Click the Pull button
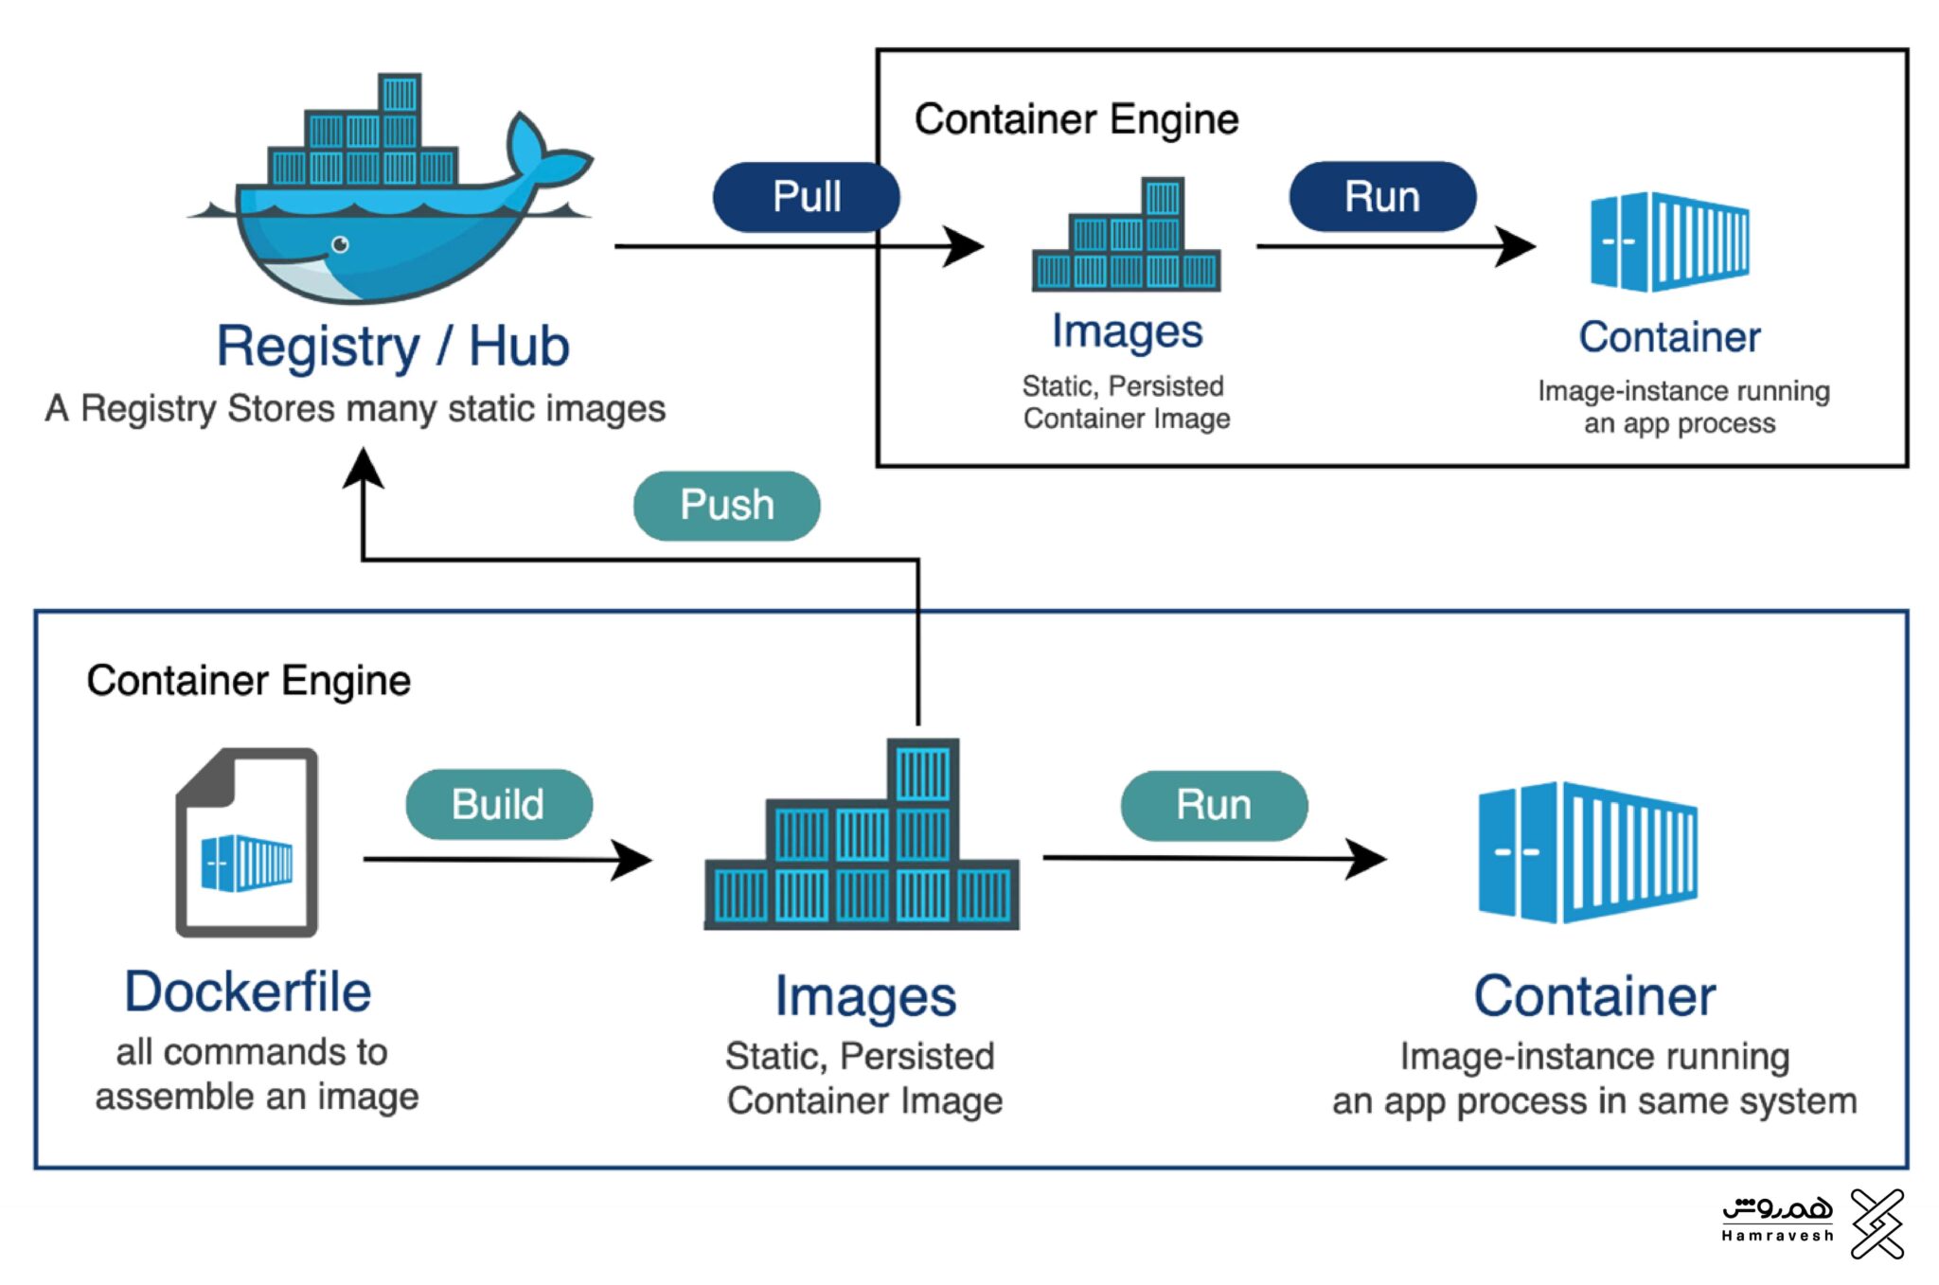[x=806, y=197]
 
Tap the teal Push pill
[x=726, y=506]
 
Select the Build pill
[x=499, y=805]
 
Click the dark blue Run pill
[x=1381, y=197]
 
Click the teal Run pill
[x=1214, y=806]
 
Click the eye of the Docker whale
[x=340, y=245]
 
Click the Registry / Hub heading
[x=393, y=347]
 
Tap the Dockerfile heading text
[x=248, y=992]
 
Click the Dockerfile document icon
[x=247, y=843]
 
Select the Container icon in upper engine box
[x=1669, y=241]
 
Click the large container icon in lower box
[x=1588, y=852]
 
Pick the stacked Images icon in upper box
[x=1126, y=237]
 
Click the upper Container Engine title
[x=1076, y=120]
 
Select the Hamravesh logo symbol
[x=1877, y=1223]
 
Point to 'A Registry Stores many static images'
[x=355, y=409]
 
